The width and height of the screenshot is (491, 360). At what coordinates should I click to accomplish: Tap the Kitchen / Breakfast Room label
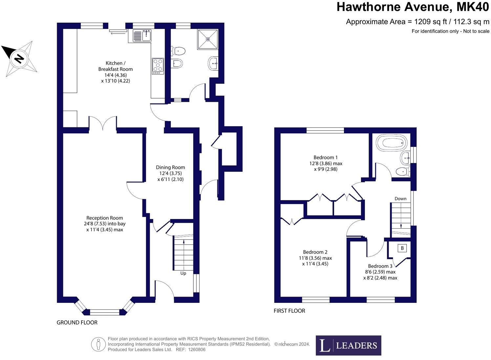tap(115, 66)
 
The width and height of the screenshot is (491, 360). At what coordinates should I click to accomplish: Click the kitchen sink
tap(142, 35)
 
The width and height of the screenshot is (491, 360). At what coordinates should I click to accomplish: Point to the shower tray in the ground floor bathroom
tap(208, 39)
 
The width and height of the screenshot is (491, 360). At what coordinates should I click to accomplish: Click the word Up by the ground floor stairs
tap(183, 273)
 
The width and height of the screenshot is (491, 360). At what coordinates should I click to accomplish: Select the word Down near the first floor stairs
tap(400, 199)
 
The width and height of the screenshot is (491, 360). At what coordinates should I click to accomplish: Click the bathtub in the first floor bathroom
tap(392, 143)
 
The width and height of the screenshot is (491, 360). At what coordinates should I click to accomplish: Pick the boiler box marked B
tap(402, 248)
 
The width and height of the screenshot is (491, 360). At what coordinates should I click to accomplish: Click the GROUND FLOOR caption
tap(77, 323)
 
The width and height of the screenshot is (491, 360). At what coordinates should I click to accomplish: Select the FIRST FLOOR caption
tap(289, 311)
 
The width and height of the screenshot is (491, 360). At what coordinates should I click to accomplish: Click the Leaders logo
tap(348, 345)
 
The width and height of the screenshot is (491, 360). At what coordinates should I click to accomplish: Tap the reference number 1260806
tap(197, 350)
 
